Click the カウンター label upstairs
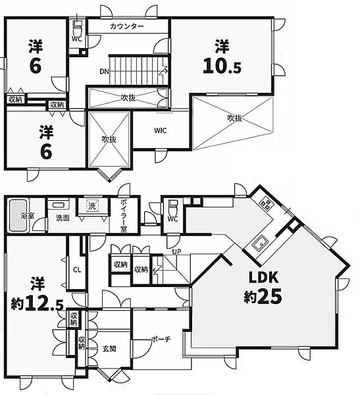click(127, 26)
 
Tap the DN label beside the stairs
click(104, 72)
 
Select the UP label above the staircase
click(176, 251)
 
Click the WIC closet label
click(160, 130)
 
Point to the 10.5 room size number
click(222, 66)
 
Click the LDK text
click(263, 277)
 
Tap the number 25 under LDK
click(270, 296)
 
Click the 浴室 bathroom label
click(28, 215)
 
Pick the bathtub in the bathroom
click(18, 215)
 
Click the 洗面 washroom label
click(63, 218)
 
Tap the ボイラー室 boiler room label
click(124, 215)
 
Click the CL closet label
click(77, 270)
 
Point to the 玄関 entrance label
click(109, 349)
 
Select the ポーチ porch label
click(161, 339)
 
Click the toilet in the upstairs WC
click(77, 28)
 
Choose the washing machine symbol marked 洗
click(92, 206)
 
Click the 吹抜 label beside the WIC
click(235, 118)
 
